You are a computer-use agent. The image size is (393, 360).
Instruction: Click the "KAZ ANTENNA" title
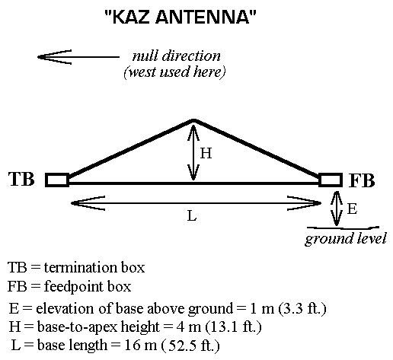181,17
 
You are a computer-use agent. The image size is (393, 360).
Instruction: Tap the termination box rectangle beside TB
57,180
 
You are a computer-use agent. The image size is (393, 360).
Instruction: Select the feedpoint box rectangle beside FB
331,180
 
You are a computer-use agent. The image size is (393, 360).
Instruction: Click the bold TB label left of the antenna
21,179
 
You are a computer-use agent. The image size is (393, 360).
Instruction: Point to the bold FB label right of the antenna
362,180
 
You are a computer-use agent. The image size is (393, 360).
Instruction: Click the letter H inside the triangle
206,153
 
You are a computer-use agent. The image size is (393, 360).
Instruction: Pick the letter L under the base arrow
192,216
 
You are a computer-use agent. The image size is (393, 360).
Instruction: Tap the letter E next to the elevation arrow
352,209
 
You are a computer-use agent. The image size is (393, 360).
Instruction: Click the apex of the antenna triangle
193,119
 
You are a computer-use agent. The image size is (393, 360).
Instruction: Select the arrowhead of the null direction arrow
38,57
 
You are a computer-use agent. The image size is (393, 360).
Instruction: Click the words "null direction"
177,56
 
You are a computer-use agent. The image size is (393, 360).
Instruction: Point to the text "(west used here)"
174,72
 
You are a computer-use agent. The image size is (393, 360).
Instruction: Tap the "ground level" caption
346,238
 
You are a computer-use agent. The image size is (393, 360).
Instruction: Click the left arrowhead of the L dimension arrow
72,203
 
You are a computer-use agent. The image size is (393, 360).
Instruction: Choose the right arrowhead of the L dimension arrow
321,203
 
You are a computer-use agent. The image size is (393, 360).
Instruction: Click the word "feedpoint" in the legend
74,287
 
